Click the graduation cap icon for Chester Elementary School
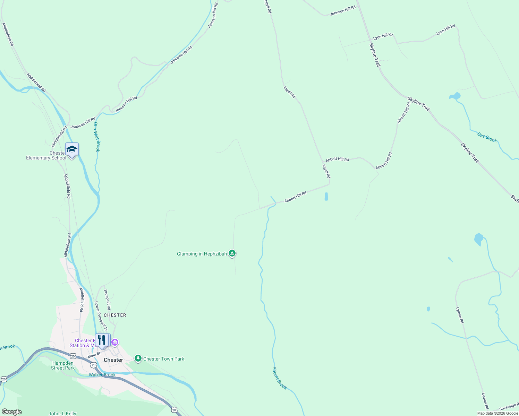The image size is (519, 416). point(72,149)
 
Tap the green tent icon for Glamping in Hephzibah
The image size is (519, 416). point(232,253)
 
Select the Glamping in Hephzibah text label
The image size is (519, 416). point(202,254)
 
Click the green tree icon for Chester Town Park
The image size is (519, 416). point(138,358)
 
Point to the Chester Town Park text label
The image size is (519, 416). point(164,359)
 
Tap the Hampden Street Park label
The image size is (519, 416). point(63,365)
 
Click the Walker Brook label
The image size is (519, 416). point(102,375)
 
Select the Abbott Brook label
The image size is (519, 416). point(280,378)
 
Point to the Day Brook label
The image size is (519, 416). point(487,138)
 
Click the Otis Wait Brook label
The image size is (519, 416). point(97,137)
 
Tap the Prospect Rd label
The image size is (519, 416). point(108,300)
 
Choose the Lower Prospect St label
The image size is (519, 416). point(101,316)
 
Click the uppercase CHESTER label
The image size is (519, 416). point(115,315)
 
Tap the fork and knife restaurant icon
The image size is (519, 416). point(101,340)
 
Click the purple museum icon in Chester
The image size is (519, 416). point(115,343)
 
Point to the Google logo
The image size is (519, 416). point(11,412)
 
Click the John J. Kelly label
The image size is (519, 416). point(62,414)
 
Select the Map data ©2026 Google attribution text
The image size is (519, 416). point(497,413)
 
